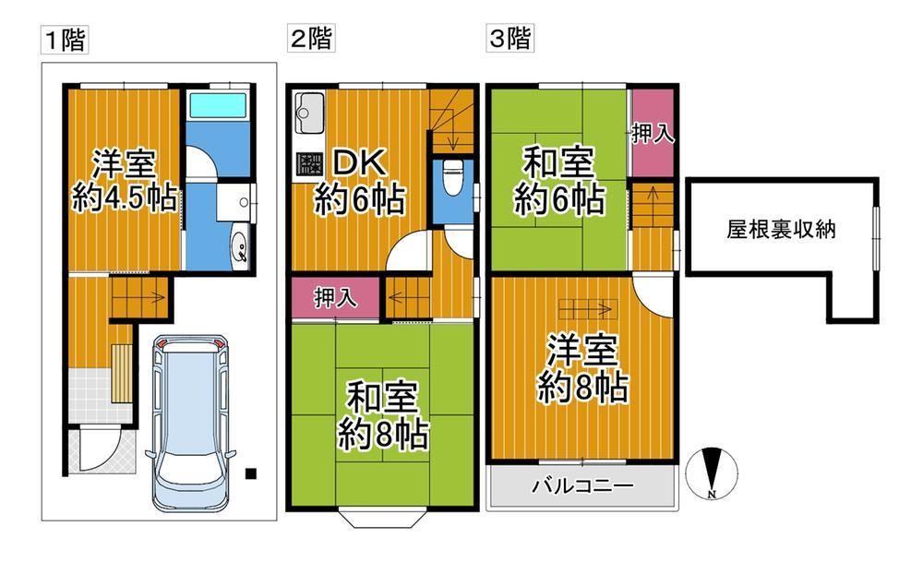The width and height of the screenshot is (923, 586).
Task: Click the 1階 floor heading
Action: click(x=65, y=40)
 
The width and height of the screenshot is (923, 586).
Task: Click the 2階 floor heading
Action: click(x=311, y=39)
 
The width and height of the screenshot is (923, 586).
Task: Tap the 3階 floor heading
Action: click(x=509, y=39)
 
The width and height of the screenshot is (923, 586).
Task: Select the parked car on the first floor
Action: click(x=190, y=423)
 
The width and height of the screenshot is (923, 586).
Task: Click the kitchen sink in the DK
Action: click(x=309, y=113)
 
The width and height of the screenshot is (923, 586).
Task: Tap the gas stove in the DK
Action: click(x=308, y=163)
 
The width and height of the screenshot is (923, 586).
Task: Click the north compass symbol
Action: click(x=712, y=473)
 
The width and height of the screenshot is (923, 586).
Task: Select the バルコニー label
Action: click(x=582, y=486)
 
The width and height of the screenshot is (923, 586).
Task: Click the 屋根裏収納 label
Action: click(x=781, y=230)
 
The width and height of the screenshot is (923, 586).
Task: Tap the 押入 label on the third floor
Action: click(x=653, y=134)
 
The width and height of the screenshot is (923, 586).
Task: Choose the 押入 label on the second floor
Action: click(x=335, y=298)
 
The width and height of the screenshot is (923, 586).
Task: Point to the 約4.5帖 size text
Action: click(x=125, y=197)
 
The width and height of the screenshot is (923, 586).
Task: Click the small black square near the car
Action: click(x=251, y=473)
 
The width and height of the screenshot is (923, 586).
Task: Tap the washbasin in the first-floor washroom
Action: click(x=241, y=245)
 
